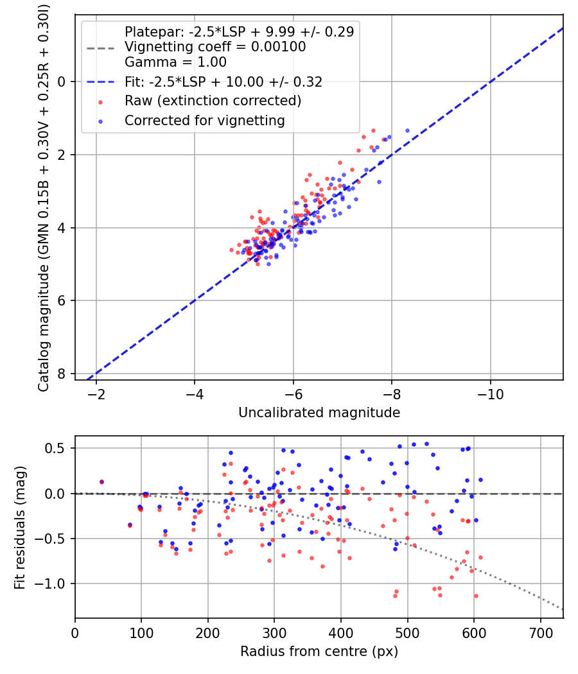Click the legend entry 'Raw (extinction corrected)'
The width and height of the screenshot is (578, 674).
[213, 101]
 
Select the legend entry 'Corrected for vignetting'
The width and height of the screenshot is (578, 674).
[204, 120]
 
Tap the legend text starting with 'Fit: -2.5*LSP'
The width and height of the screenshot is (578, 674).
[223, 82]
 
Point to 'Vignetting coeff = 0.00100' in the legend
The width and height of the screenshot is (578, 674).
[215, 47]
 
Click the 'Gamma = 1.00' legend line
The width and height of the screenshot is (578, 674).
[175, 62]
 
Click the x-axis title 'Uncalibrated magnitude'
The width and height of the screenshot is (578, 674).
[319, 413]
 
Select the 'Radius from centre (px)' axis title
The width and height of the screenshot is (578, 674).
[319, 652]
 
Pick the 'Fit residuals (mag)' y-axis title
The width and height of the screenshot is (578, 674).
[19, 527]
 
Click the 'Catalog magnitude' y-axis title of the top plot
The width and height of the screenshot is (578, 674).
[44, 196]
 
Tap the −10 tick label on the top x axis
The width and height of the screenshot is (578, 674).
[490, 393]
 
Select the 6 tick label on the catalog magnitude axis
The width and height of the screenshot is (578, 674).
[62, 301]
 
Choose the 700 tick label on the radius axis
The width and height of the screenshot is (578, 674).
[540, 632]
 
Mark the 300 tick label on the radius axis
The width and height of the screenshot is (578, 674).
[274, 632]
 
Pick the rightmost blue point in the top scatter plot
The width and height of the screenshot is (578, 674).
[407, 130]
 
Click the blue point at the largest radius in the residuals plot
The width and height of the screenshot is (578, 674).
[480, 480]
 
